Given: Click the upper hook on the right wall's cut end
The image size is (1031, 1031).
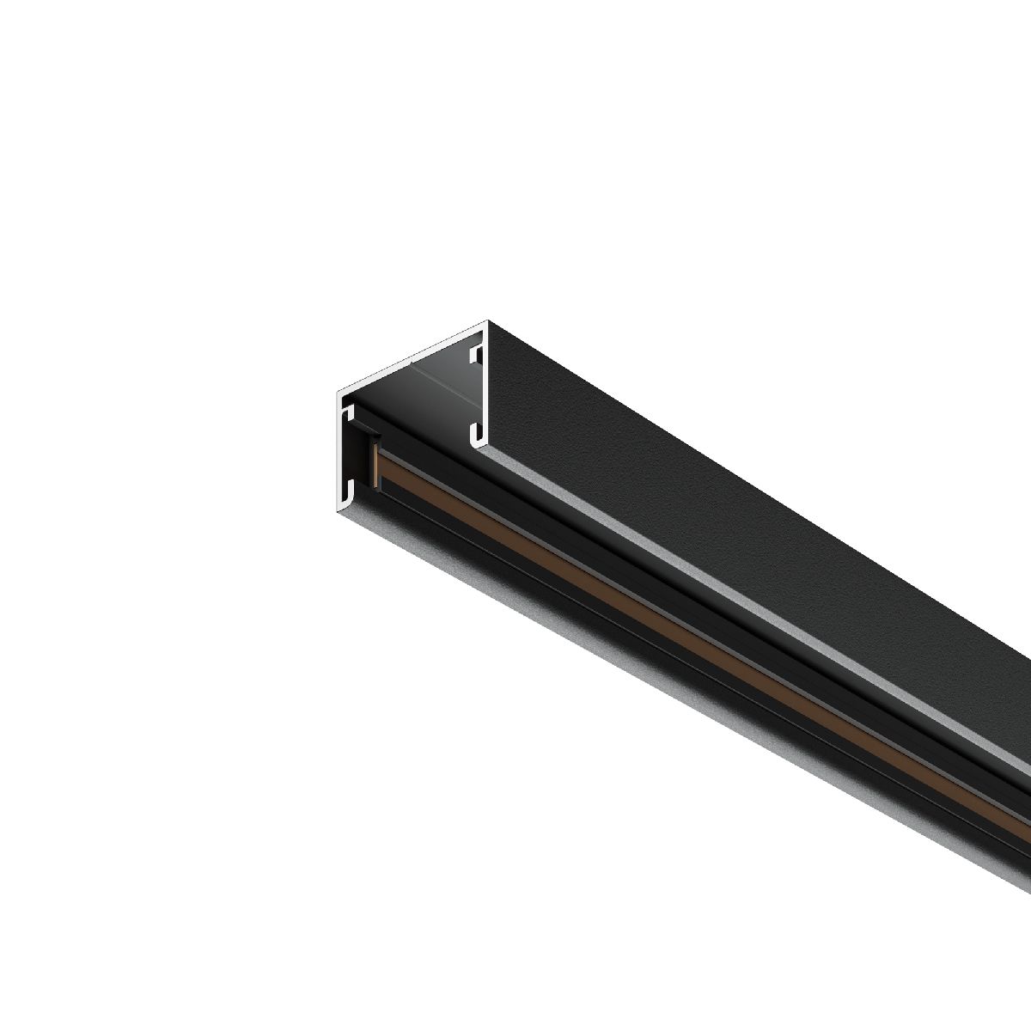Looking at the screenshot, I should click(474, 354).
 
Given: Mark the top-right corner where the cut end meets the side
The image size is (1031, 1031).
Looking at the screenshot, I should click(487, 321).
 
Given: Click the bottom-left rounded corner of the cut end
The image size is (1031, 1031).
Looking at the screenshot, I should click(339, 509).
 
